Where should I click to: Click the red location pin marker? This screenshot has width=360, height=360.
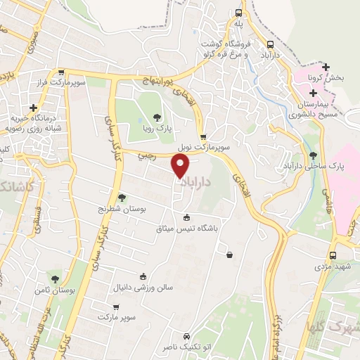point(181,166)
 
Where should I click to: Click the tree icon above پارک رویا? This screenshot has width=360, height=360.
point(156,117)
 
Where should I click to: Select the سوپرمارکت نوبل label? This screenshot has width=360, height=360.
point(202,148)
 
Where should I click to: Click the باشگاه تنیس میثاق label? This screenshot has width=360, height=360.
point(188,229)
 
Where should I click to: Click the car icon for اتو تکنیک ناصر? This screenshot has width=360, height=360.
point(186,336)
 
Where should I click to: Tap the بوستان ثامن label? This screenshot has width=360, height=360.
point(55,290)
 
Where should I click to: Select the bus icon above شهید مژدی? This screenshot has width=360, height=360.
point(333,256)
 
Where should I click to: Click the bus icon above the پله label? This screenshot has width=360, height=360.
point(239,13)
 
